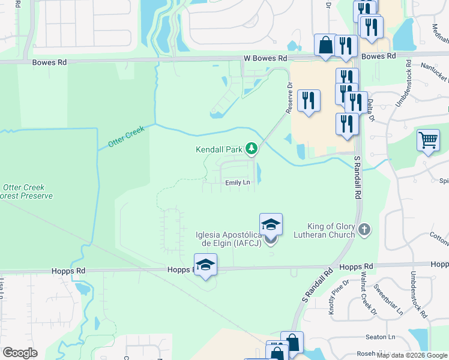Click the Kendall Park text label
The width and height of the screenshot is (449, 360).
coord(220,149)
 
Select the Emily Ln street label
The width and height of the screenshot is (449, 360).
coord(237,182)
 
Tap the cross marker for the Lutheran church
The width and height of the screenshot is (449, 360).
coord(364,229)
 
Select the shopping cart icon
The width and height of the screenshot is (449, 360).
coord(428,140)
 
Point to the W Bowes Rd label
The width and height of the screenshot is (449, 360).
coord(265,58)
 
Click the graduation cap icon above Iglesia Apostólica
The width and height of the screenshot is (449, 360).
coord(271,224)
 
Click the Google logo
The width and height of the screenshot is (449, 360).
coord(20,353)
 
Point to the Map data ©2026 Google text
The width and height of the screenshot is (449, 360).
coord(412,355)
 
